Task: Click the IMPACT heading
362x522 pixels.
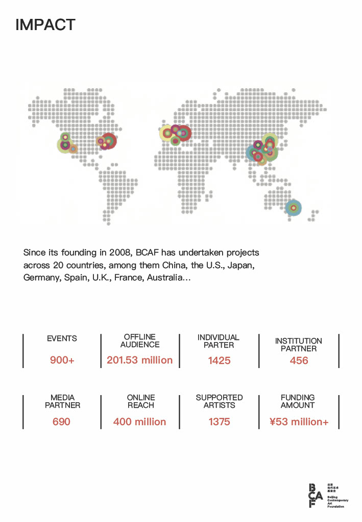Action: click(x=45, y=24)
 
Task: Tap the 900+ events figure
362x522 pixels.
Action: click(x=62, y=360)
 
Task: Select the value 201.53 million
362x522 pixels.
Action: click(x=140, y=360)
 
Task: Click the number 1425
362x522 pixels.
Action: click(x=219, y=360)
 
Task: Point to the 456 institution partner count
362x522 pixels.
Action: click(x=299, y=360)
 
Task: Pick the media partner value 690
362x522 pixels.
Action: click(x=61, y=422)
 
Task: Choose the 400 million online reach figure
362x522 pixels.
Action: click(x=140, y=422)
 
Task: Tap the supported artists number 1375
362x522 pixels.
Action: click(x=219, y=422)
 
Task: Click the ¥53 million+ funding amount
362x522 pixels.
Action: click(x=299, y=422)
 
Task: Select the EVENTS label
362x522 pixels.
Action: click(x=62, y=338)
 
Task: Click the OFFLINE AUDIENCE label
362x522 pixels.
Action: click(x=140, y=341)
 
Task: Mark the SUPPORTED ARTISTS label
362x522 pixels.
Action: click(x=219, y=401)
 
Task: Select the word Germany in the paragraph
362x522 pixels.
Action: click(x=41, y=278)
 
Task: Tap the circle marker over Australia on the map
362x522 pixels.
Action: click(x=293, y=207)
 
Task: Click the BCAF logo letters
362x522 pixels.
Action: click(x=316, y=495)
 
